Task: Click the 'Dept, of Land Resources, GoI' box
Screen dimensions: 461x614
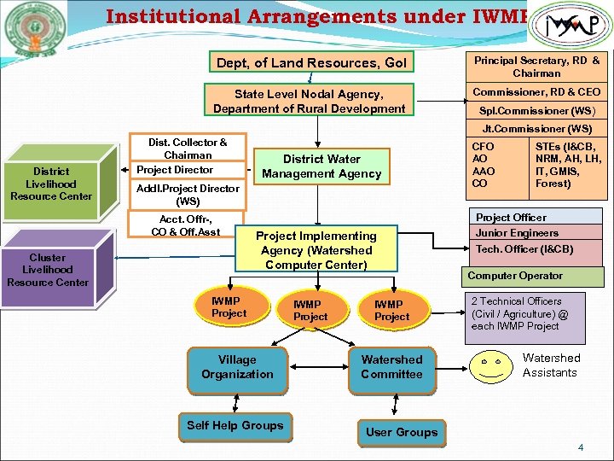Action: click(x=311, y=62)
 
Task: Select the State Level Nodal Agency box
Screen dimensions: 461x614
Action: click(x=309, y=101)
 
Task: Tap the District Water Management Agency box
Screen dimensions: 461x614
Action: click(x=321, y=166)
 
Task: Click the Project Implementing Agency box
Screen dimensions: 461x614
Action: click(x=316, y=250)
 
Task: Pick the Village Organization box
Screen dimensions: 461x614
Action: click(x=237, y=367)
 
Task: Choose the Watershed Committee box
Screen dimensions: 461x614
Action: click(x=391, y=367)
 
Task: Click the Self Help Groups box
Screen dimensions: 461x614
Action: click(x=235, y=426)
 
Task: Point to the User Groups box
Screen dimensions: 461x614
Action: click(x=401, y=432)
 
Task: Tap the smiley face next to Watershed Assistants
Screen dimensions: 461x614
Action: click(x=490, y=365)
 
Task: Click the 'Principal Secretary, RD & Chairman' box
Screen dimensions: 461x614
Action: click(x=536, y=67)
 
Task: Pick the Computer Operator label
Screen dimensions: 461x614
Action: click(x=515, y=276)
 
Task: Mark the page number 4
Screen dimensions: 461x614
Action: click(x=581, y=447)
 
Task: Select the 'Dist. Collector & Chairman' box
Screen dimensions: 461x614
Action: click(x=188, y=149)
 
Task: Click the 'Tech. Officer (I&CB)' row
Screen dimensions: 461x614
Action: click(x=524, y=249)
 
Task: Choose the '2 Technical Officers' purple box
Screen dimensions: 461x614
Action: click(x=525, y=314)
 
